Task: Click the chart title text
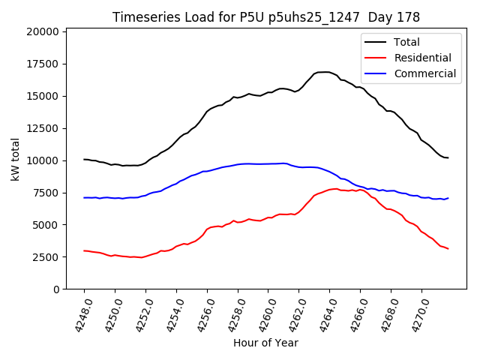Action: (265, 16)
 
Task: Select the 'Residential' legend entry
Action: (422, 58)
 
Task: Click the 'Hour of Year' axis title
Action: (265, 343)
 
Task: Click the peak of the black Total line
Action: (324, 72)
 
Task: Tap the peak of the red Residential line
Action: (334, 189)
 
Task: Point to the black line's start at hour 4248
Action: (85, 159)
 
